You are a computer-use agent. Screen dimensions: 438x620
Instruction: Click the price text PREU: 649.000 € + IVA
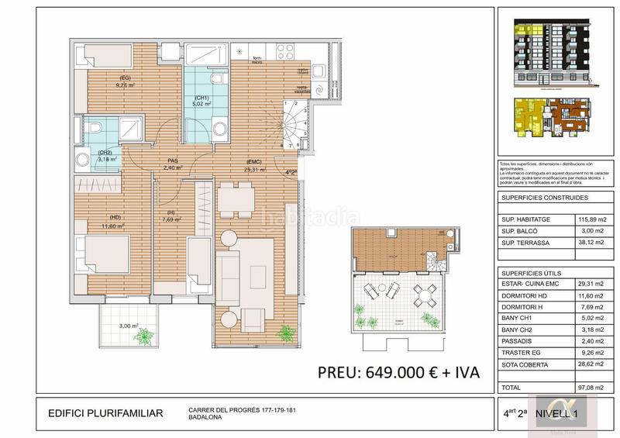pos(398,372)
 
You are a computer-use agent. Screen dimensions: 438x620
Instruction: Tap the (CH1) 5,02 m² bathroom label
pos(201,98)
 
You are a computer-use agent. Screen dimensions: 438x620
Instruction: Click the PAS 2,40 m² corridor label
pos(174,164)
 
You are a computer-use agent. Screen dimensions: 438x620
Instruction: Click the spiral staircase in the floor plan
pos(297,123)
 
